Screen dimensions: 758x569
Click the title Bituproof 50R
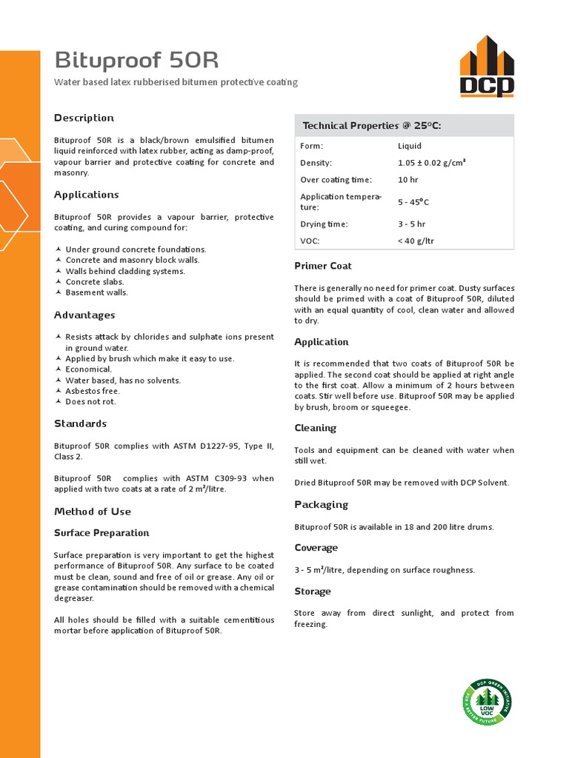pyautogui.click(x=136, y=60)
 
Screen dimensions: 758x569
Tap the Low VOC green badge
pyautogui.click(x=487, y=702)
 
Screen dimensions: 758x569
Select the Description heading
pyautogui.click(x=84, y=118)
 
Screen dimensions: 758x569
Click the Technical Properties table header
pyautogui.click(x=372, y=126)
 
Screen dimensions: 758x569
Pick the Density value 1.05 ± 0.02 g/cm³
pyautogui.click(x=431, y=163)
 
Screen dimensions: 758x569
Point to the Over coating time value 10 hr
pyautogui.click(x=407, y=180)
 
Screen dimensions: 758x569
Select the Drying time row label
pyautogui.click(x=324, y=224)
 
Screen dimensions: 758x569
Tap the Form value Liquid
pyautogui.click(x=410, y=146)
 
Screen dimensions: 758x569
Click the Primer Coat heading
pyautogui.click(x=322, y=266)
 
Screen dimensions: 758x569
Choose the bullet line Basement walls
pyautogui.click(x=96, y=292)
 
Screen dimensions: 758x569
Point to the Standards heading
pyautogui.click(x=80, y=423)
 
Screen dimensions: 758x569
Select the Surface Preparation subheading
pyautogui.click(x=102, y=533)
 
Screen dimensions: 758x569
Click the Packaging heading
pyautogui.click(x=321, y=505)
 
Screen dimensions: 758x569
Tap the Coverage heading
pyautogui.click(x=316, y=548)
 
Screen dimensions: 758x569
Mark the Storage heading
pyautogui.click(x=312, y=591)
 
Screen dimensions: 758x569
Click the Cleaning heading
pyautogui.click(x=315, y=428)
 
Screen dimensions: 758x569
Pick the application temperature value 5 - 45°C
pyautogui.click(x=413, y=202)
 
